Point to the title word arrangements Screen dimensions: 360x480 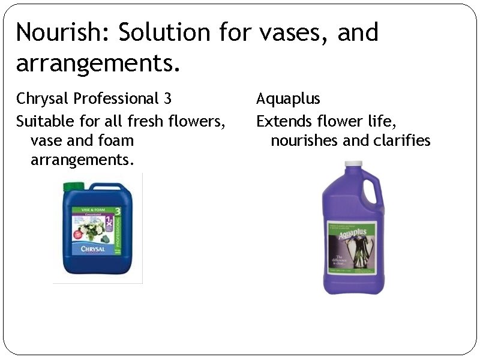coord(97,63)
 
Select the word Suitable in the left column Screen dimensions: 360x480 coord(45,121)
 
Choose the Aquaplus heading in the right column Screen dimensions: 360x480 coord(288,98)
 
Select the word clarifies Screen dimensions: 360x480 coord(403,141)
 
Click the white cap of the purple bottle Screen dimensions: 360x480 coord(353,163)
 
